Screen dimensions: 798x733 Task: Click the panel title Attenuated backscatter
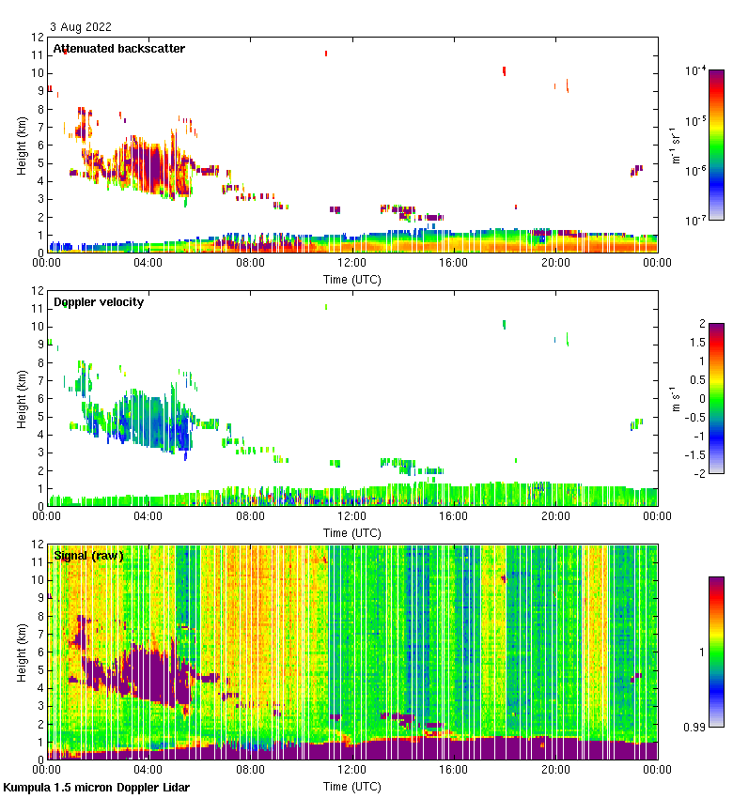[x=118, y=48]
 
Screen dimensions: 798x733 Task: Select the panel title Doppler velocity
[x=98, y=301]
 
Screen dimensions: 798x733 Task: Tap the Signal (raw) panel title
[x=88, y=556]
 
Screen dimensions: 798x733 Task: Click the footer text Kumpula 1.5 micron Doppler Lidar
[x=97, y=787]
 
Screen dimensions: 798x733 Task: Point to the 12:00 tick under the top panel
[x=352, y=264]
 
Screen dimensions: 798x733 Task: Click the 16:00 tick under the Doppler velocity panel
[x=454, y=516]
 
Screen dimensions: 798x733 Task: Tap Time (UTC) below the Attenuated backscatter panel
[x=352, y=279]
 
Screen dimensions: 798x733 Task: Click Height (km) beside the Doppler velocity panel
[x=22, y=398]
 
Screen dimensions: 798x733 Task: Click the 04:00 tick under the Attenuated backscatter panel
[x=148, y=264]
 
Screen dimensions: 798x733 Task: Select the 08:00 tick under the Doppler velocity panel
[x=250, y=516]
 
